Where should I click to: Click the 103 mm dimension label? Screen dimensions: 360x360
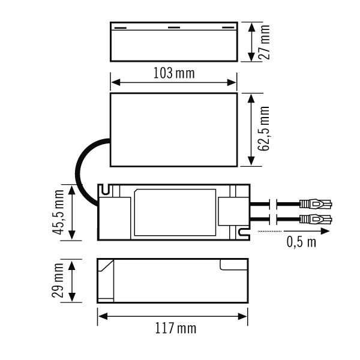(174, 73)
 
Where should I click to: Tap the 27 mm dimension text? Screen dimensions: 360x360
(264, 42)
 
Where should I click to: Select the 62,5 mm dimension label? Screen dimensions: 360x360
(264, 128)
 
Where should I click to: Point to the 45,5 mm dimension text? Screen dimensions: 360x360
(58, 212)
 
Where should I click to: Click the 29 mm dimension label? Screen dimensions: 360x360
(58, 281)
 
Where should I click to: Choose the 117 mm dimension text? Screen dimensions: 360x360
(176, 328)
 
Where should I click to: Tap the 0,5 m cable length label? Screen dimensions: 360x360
(301, 242)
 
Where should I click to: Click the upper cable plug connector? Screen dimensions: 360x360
(316, 204)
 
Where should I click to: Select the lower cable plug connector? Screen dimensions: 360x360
(316, 219)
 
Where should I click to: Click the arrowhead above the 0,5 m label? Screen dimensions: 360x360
(325, 231)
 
